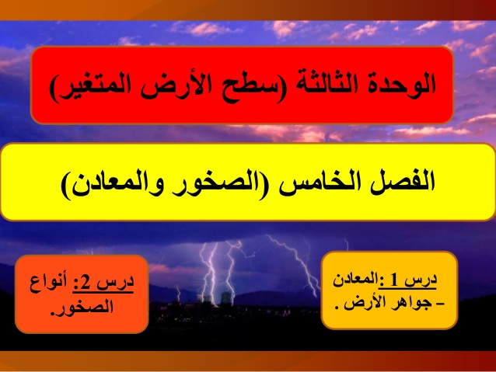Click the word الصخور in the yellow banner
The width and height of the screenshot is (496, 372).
coord(218,183)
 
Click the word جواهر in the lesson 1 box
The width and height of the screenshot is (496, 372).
coord(412,303)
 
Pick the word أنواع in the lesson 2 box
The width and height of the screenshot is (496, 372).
coord(48,282)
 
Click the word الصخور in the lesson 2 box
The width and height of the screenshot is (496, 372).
coord(85,306)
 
